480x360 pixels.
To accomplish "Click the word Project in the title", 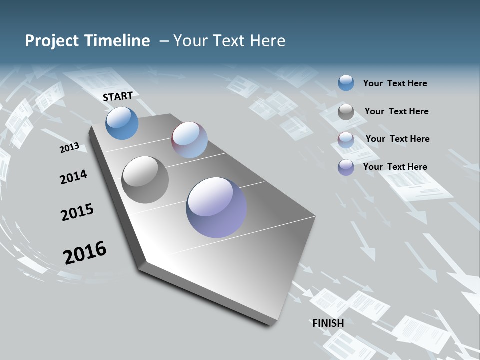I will (x=50, y=41).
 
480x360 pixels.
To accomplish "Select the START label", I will (x=118, y=96).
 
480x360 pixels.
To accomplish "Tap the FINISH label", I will (x=328, y=323).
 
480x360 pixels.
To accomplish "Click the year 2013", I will (x=69, y=147).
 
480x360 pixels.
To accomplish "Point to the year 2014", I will (x=73, y=177).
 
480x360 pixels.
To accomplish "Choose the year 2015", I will (x=77, y=212).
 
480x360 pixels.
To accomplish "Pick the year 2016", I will (x=85, y=252).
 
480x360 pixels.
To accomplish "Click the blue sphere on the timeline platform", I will (x=122, y=123).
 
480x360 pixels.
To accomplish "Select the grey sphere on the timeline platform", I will (x=145, y=180).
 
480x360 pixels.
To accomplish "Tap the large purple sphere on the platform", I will (x=216, y=207).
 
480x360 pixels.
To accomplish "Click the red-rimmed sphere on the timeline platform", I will (x=189, y=140).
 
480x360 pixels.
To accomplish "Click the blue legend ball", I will (x=346, y=83).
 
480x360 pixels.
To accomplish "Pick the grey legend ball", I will (x=346, y=112).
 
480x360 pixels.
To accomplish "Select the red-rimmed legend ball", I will (x=346, y=140).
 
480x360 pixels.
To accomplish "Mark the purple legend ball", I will (x=346, y=167).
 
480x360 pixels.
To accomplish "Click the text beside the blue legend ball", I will (x=395, y=83).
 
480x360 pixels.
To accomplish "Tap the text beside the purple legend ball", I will (x=395, y=167).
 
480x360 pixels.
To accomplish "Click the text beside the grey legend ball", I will (x=396, y=111).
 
